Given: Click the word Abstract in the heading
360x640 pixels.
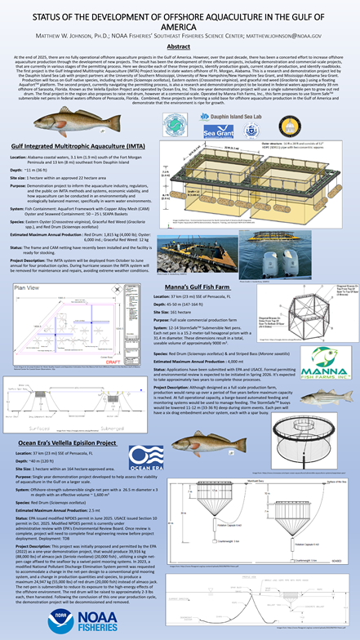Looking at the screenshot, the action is (x=180, y=48).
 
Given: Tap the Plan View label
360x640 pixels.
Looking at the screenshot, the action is (x=27, y=289).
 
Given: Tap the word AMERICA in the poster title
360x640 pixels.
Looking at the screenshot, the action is (x=180, y=22).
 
